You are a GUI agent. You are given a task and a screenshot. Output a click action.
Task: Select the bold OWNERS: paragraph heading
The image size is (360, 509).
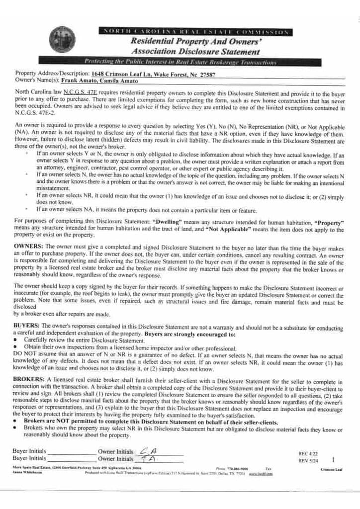click(x=28, y=246)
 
